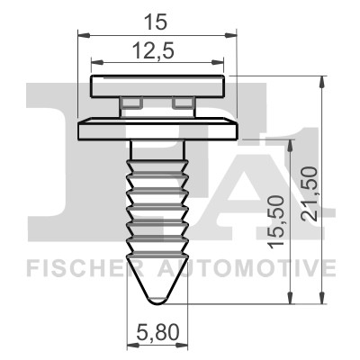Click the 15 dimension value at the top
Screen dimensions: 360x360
[159, 18]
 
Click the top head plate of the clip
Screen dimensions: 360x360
[159, 87]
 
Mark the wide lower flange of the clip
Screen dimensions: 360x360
[159, 129]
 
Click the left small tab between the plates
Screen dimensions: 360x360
[130, 103]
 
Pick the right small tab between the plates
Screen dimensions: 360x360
[184, 103]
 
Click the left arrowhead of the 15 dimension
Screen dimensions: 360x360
[82, 35]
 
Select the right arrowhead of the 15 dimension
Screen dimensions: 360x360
[236, 35]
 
